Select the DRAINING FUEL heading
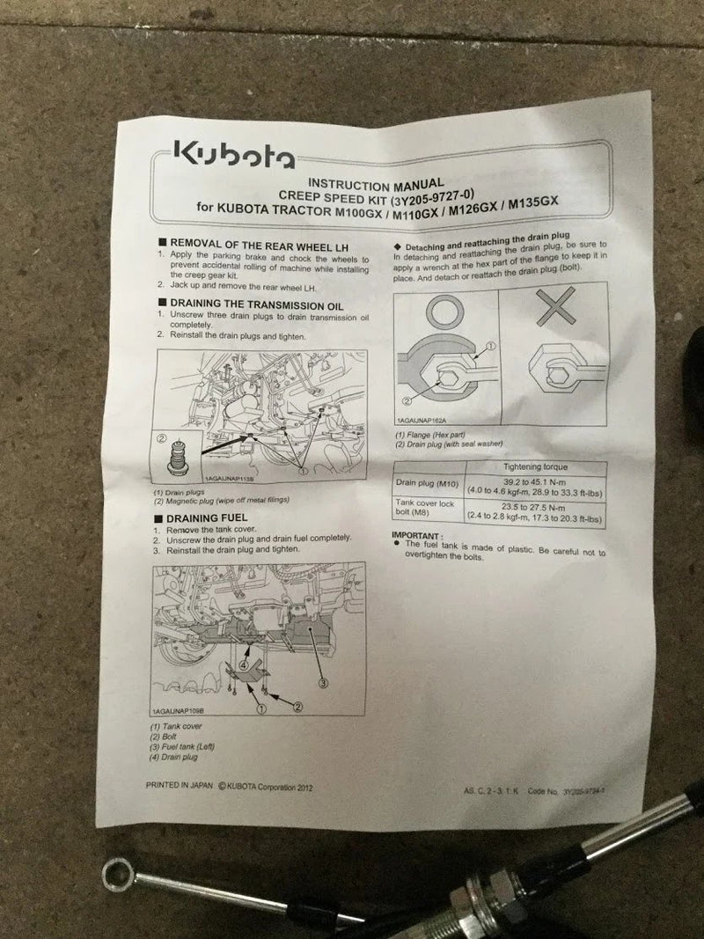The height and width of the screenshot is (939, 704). point(212,517)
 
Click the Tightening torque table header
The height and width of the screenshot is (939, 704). point(535,466)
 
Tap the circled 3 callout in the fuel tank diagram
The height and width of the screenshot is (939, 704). point(323,682)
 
